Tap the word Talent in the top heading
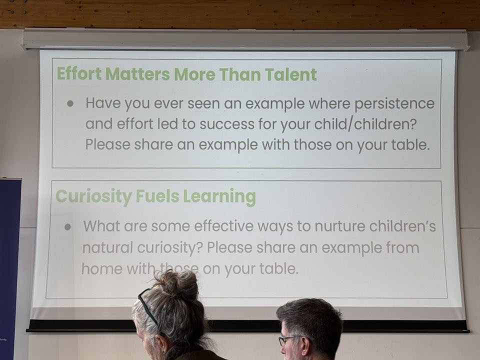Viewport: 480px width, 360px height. (x=290, y=74)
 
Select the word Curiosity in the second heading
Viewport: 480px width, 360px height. (x=93, y=196)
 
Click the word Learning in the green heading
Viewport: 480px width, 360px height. (x=219, y=197)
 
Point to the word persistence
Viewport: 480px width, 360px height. (x=394, y=103)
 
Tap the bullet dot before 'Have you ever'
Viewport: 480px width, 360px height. (x=70, y=103)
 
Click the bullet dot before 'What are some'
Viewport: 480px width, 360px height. (x=67, y=227)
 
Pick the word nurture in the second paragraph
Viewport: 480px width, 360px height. (x=340, y=226)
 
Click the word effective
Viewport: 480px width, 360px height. (x=224, y=226)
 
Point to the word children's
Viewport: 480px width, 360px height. (x=402, y=226)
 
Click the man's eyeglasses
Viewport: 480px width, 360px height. (x=289, y=340)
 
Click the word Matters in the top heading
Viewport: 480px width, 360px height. (x=137, y=74)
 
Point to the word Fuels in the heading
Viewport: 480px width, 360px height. (x=157, y=196)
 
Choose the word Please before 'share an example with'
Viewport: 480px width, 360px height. (x=108, y=144)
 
